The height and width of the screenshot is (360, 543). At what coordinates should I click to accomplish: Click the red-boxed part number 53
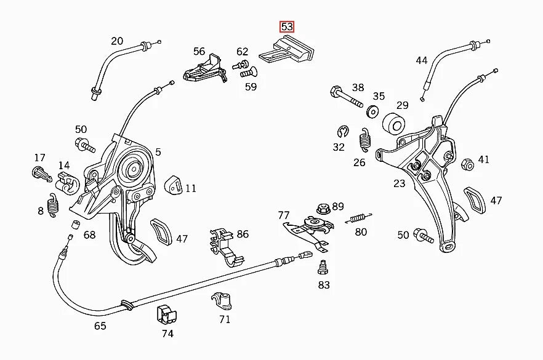pyautogui.click(x=287, y=27)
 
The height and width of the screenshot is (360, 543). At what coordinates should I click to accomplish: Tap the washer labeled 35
pyautogui.click(x=372, y=112)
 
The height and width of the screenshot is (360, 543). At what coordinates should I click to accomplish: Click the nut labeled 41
pyautogui.click(x=467, y=163)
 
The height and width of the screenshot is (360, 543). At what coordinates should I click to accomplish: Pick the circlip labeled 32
pyautogui.click(x=343, y=132)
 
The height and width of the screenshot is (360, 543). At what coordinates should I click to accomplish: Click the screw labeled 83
pyautogui.click(x=321, y=268)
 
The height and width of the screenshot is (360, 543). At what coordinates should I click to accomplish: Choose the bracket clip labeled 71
pyautogui.click(x=222, y=300)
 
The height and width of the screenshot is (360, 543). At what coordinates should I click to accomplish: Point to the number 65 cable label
pyautogui.click(x=100, y=326)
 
